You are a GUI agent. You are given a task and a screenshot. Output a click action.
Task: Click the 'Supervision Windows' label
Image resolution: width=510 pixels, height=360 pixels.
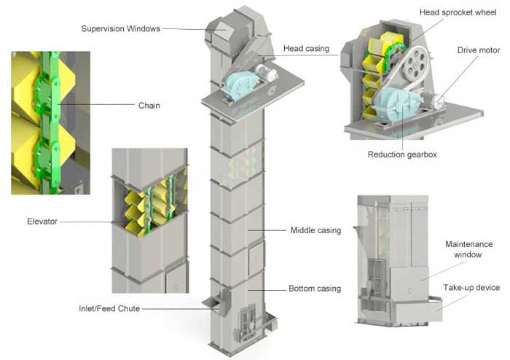pyautogui.click(x=119, y=28)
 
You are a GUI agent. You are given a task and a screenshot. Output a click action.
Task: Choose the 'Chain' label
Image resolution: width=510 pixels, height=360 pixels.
pyautogui.click(x=149, y=106)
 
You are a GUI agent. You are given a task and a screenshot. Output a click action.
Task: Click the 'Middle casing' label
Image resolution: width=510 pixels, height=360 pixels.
pyautogui.click(x=315, y=230)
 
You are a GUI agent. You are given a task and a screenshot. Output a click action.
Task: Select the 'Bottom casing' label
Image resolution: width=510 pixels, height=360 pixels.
pyautogui.click(x=315, y=289)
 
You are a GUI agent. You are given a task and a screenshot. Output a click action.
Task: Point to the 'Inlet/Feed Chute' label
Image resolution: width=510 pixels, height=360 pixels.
pyautogui.click(x=109, y=308)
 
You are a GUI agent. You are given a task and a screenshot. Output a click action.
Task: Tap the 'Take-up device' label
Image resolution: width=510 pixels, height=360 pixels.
pyautogui.click(x=471, y=288)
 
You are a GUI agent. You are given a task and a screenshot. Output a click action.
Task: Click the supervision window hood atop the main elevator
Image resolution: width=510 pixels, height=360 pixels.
pyautogui.click(x=220, y=30)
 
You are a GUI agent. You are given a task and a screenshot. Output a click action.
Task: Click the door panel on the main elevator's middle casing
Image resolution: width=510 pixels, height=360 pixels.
pyautogui.click(x=256, y=259)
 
